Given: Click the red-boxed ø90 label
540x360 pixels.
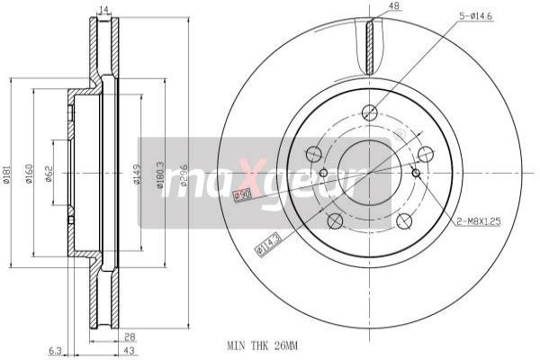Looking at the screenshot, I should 242,195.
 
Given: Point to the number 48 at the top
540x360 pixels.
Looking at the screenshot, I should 393,6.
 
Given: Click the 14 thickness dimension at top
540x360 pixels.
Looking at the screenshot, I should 103,9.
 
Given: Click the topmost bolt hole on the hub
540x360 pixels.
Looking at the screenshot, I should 368,112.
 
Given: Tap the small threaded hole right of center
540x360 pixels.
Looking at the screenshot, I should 415,173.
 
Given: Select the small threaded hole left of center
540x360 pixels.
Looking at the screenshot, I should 323,173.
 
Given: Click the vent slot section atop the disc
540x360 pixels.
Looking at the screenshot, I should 369,45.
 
